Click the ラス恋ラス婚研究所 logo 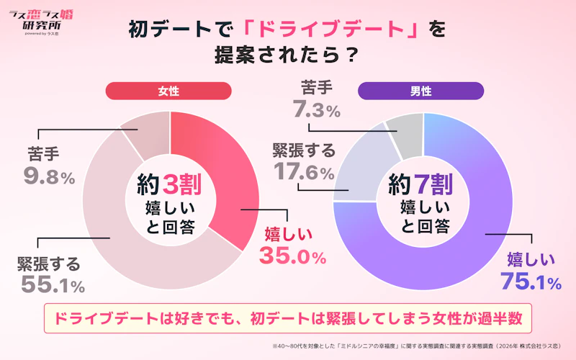pos(41,22)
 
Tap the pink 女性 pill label pos(168,91)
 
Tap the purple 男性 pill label pos(420,91)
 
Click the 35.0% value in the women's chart pos(292,256)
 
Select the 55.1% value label pos(53,284)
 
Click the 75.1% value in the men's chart pos(531,281)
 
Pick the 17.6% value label pos(304,171)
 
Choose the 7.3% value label pos(317,109)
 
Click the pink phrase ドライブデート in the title pos(330,29)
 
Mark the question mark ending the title pos(351,55)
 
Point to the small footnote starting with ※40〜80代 pos(417,346)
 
